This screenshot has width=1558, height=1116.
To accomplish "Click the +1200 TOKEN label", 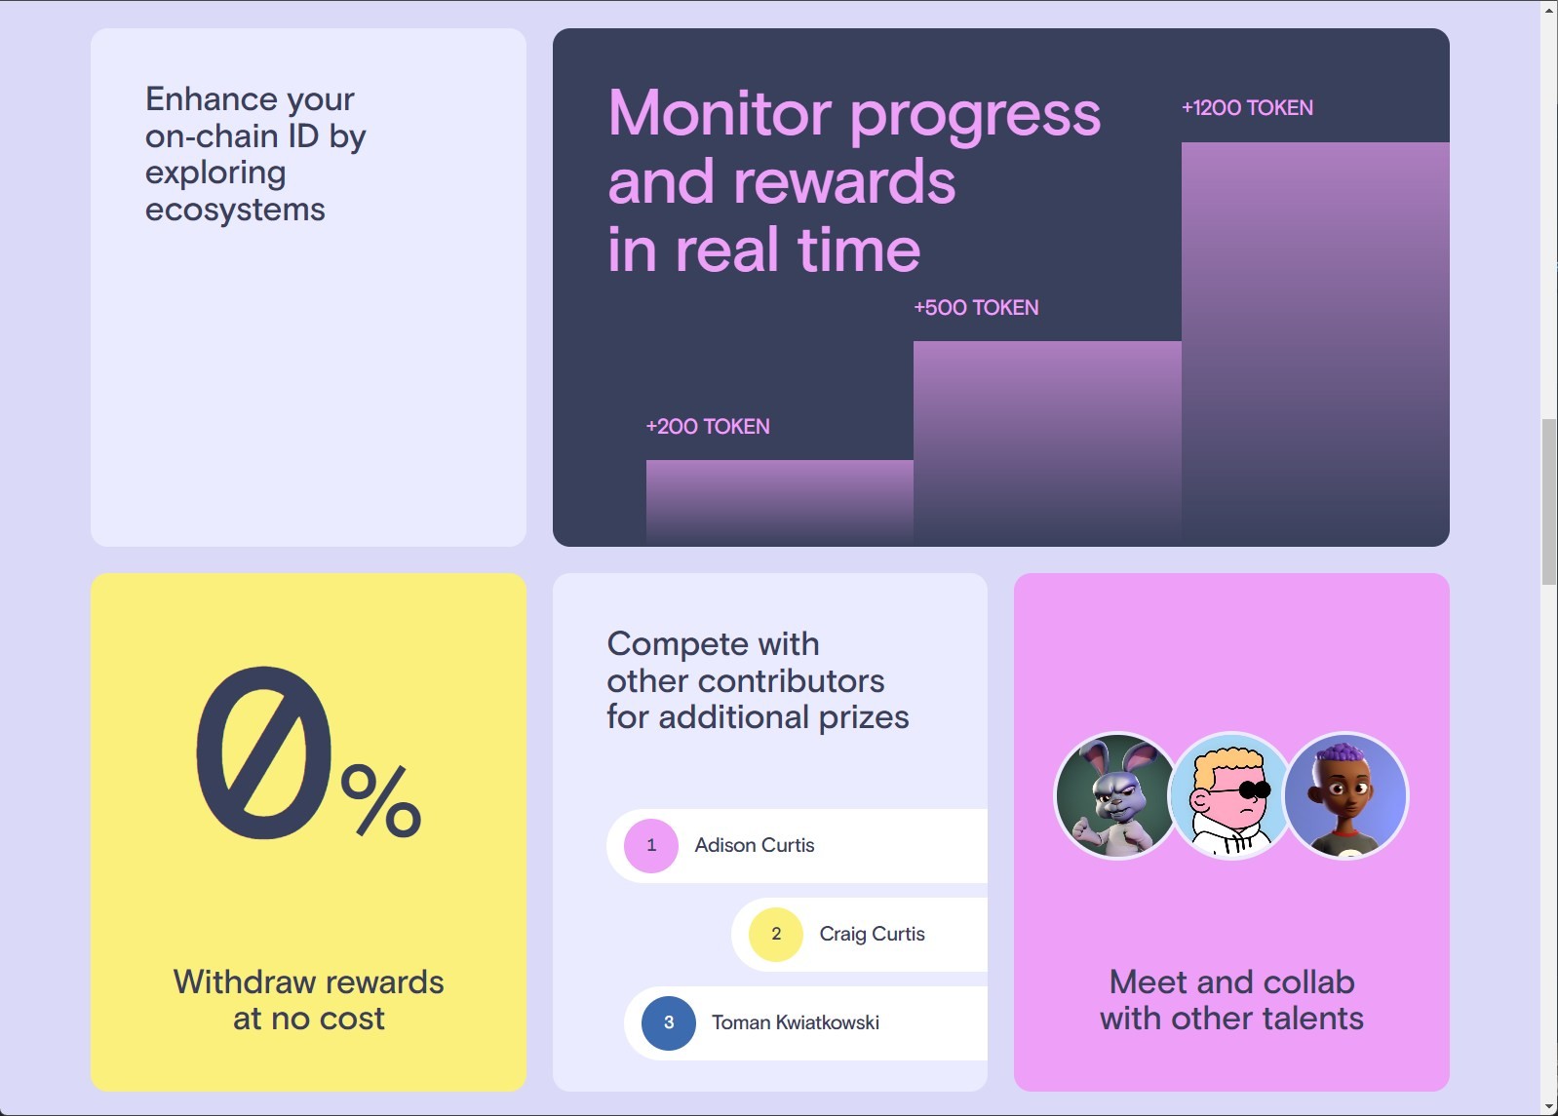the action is pyautogui.click(x=1247, y=108).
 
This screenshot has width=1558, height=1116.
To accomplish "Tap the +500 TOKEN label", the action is pyautogui.click(x=976, y=307).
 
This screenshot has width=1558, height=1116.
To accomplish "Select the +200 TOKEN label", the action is pyautogui.click(x=708, y=426).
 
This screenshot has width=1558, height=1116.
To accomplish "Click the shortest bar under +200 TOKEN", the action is pyautogui.click(x=779, y=503).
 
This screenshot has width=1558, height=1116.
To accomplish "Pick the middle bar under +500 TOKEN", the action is pyautogui.click(x=1047, y=443).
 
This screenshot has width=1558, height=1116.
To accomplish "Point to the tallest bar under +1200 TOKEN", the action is pyautogui.click(x=1315, y=344).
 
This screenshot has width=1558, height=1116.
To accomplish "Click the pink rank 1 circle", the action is pyautogui.click(x=651, y=845).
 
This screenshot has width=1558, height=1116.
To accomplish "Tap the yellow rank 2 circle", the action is pyautogui.click(x=775, y=934).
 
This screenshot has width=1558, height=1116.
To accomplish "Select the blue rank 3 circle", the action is pyautogui.click(x=669, y=1022).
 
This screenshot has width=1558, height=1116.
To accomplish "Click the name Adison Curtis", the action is pyautogui.click(x=754, y=845).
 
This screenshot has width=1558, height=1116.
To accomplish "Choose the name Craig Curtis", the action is pyautogui.click(x=873, y=934).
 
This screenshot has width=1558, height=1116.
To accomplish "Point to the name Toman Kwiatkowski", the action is pyautogui.click(x=795, y=1022).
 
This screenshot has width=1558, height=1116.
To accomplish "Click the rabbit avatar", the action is pyautogui.click(x=1117, y=795).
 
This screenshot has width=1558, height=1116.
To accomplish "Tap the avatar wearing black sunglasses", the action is pyautogui.click(x=1231, y=795).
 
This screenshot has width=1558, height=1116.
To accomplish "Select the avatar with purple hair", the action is pyautogui.click(x=1345, y=795).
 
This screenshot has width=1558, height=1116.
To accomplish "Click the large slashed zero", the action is pyautogui.click(x=263, y=753).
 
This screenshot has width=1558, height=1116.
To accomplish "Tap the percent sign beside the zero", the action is pyautogui.click(x=381, y=801).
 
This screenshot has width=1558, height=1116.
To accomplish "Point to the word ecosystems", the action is pyautogui.click(x=235, y=210).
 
